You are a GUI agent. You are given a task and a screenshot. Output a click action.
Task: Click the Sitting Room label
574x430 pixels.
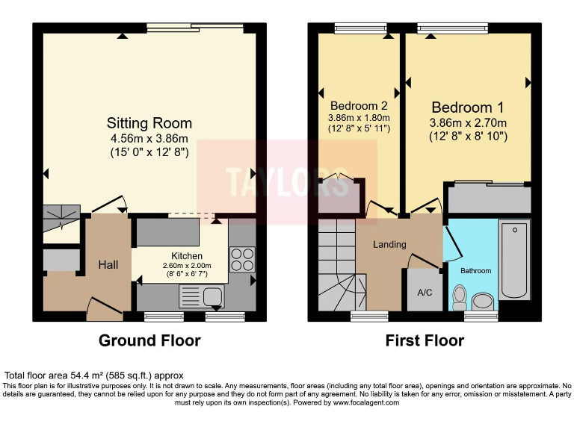(x=149, y=123)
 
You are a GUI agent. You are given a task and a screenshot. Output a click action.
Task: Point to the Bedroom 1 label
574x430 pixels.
(x=468, y=107)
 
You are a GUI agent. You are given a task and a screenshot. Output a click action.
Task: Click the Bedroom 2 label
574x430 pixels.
(x=358, y=105)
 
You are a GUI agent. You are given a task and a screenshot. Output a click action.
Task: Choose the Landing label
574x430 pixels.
(x=389, y=244)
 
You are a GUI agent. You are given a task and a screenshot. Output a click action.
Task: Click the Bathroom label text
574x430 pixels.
(x=475, y=270)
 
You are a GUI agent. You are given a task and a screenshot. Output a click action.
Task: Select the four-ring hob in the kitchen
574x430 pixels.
(x=241, y=259)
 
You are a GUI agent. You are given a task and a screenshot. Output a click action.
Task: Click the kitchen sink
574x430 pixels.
(x=200, y=296)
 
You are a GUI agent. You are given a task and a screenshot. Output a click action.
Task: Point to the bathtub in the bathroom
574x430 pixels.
(x=514, y=259)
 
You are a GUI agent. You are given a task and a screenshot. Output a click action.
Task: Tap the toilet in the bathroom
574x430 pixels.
(x=460, y=298)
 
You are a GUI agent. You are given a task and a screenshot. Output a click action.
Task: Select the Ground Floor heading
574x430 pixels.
(x=149, y=341)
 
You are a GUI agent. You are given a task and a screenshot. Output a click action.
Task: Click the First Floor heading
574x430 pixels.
(x=425, y=341)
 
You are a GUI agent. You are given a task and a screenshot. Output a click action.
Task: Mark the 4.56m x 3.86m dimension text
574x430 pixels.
(x=149, y=139)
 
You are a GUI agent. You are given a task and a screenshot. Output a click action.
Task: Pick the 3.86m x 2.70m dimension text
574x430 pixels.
(x=468, y=123)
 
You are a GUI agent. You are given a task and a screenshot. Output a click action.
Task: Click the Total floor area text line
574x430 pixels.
(x=94, y=375)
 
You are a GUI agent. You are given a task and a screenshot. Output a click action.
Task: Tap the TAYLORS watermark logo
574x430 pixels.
(x=286, y=181)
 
